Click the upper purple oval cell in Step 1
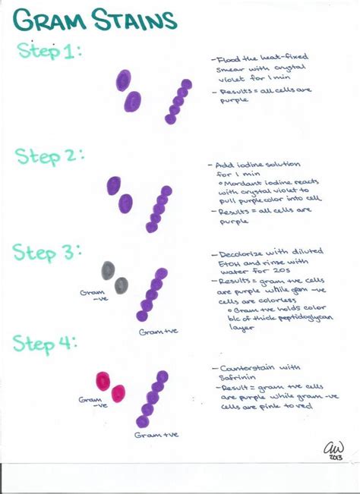(123, 80)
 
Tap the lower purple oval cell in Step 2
(125, 203)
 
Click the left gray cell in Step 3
(108, 269)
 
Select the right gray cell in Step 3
(122, 285)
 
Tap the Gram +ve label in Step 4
(156, 435)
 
